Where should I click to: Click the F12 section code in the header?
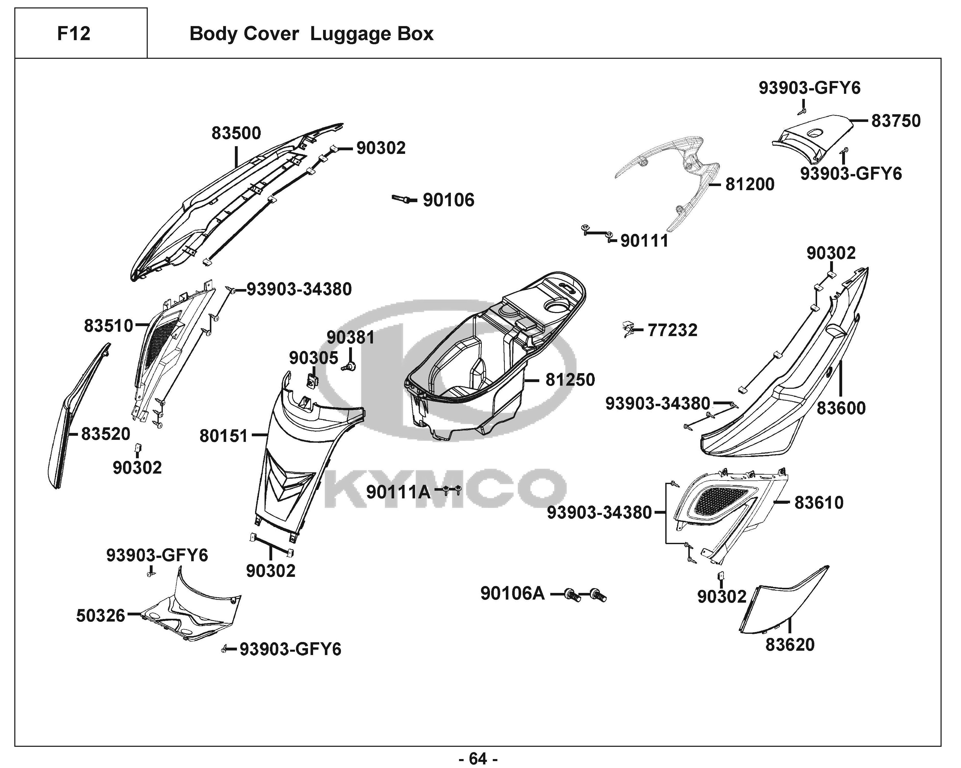[x=74, y=33]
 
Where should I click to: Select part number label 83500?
[x=236, y=133]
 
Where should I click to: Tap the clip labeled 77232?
[x=628, y=330]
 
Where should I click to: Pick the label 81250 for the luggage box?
[x=570, y=380]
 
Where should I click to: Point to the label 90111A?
[x=398, y=492]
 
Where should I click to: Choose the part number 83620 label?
[x=790, y=645]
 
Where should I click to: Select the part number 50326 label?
[x=101, y=616]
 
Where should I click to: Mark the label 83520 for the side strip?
[x=106, y=434]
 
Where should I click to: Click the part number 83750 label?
[x=896, y=121]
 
